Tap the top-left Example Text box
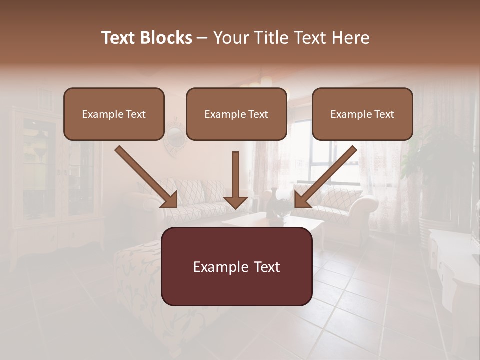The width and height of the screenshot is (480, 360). [114, 114]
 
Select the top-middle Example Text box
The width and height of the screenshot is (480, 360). [236, 114]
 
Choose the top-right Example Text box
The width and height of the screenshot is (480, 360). [362, 114]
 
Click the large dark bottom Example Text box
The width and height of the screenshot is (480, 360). [236, 267]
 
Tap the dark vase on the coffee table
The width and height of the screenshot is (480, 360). [275, 203]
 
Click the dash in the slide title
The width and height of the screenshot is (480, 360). [202, 38]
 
